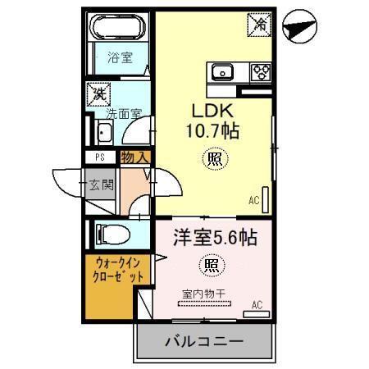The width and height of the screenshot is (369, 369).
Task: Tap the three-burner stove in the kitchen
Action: tap(260, 72)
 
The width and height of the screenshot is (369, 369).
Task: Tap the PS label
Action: tap(98, 157)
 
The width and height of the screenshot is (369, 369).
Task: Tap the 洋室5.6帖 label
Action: tap(215, 238)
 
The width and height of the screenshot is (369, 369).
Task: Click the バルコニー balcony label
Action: tap(203, 341)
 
